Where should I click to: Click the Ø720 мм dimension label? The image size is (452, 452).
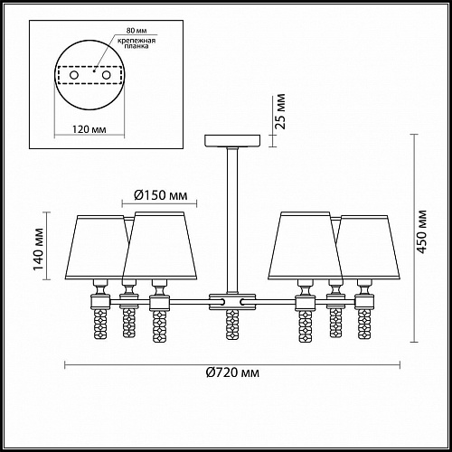(232, 372)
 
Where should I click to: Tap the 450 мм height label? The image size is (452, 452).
(422, 231)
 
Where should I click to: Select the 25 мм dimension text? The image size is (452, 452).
(280, 111)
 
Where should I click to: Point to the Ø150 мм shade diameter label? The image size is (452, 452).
(160, 195)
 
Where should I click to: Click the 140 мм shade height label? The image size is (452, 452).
(39, 250)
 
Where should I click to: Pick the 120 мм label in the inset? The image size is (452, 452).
(89, 129)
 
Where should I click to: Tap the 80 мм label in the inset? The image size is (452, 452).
(137, 31)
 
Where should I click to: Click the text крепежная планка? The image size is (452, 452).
(137, 43)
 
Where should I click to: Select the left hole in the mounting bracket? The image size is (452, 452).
(74, 75)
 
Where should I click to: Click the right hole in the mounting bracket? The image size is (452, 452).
(106, 75)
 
